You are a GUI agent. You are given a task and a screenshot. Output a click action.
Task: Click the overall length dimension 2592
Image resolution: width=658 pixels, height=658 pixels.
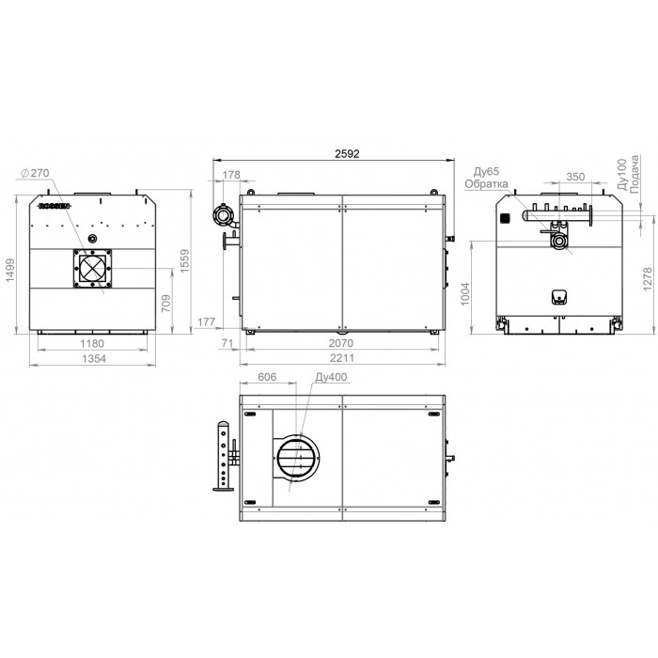coord(347,153)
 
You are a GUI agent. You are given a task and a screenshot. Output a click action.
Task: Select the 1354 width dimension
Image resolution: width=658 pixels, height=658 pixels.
coord(94,359)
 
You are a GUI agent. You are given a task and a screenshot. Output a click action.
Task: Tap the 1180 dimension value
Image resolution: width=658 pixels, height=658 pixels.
coord(92,343)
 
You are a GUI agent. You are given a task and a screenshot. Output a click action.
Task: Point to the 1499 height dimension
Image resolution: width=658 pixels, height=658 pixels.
coord(10,270)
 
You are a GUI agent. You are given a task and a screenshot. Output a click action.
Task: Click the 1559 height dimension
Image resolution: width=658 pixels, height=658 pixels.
coord(185,261)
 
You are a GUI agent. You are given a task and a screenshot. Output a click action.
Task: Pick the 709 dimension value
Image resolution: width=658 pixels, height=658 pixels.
coord(166,303)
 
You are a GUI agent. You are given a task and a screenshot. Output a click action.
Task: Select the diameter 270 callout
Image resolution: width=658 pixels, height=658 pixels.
coord(35,173)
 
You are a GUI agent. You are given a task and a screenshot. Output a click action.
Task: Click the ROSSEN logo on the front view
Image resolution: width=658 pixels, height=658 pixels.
coord(55,206)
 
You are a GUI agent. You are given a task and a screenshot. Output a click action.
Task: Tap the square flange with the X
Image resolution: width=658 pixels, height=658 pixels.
coord(92,269)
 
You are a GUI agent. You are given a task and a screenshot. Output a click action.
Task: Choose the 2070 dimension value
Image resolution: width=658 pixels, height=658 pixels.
coord(340,343)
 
